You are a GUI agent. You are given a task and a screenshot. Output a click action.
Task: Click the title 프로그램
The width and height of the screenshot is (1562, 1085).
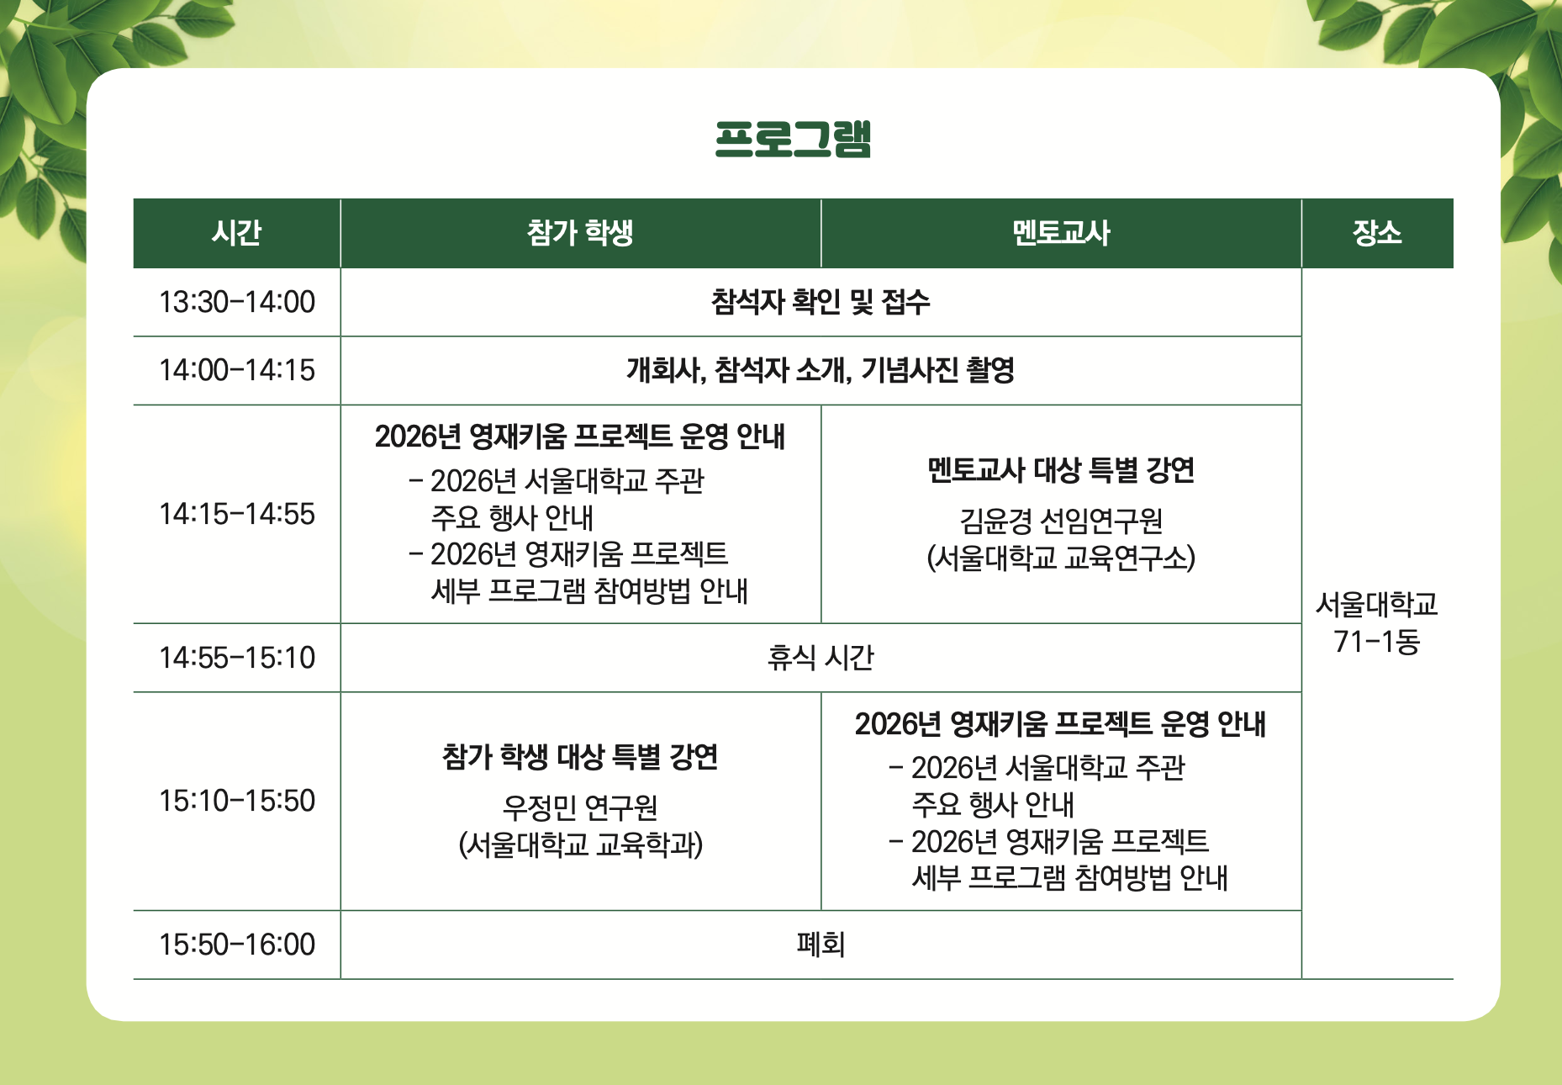click(793, 139)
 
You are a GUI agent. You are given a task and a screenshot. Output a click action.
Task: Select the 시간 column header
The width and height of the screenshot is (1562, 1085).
click(237, 233)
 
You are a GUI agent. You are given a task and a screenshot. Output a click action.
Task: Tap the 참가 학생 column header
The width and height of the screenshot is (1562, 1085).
click(580, 233)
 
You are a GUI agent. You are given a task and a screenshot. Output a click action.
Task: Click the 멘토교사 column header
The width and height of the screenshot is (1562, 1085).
click(1061, 233)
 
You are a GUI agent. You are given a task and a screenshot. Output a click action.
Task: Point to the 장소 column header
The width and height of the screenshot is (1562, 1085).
click(1377, 233)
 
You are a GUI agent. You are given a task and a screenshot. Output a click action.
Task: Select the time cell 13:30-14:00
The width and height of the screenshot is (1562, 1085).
click(237, 302)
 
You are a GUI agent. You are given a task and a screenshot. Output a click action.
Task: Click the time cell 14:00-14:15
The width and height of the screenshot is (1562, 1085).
click(237, 370)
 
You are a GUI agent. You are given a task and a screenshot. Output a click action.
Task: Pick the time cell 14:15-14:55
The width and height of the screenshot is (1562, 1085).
click(237, 514)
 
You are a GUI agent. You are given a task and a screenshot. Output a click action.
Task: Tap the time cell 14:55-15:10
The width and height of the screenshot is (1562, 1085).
click(237, 658)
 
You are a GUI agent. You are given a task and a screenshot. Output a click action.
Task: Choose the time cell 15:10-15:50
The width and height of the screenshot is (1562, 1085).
click(237, 801)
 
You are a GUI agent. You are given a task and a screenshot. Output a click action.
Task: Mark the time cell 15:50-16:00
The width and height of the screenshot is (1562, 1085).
click(237, 945)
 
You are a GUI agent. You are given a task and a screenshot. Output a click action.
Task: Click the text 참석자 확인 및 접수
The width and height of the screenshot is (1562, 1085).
click(821, 302)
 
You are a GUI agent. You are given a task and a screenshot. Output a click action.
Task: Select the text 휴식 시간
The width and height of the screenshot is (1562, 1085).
click(821, 658)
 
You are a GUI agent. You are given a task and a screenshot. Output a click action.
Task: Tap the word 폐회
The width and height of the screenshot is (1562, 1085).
click(821, 945)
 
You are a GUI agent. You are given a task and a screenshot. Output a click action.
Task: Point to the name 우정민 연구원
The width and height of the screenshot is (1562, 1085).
click(580, 808)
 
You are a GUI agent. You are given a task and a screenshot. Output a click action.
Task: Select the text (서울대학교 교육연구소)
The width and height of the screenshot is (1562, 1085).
click(1061, 558)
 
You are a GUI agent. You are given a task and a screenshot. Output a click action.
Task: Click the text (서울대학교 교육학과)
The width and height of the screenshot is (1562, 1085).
click(580, 845)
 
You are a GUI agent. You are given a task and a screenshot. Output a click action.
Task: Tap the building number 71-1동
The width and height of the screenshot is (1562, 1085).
click(1377, 643)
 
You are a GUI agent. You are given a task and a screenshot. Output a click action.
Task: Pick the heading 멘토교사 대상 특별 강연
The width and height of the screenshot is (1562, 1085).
click(1061, 470)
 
